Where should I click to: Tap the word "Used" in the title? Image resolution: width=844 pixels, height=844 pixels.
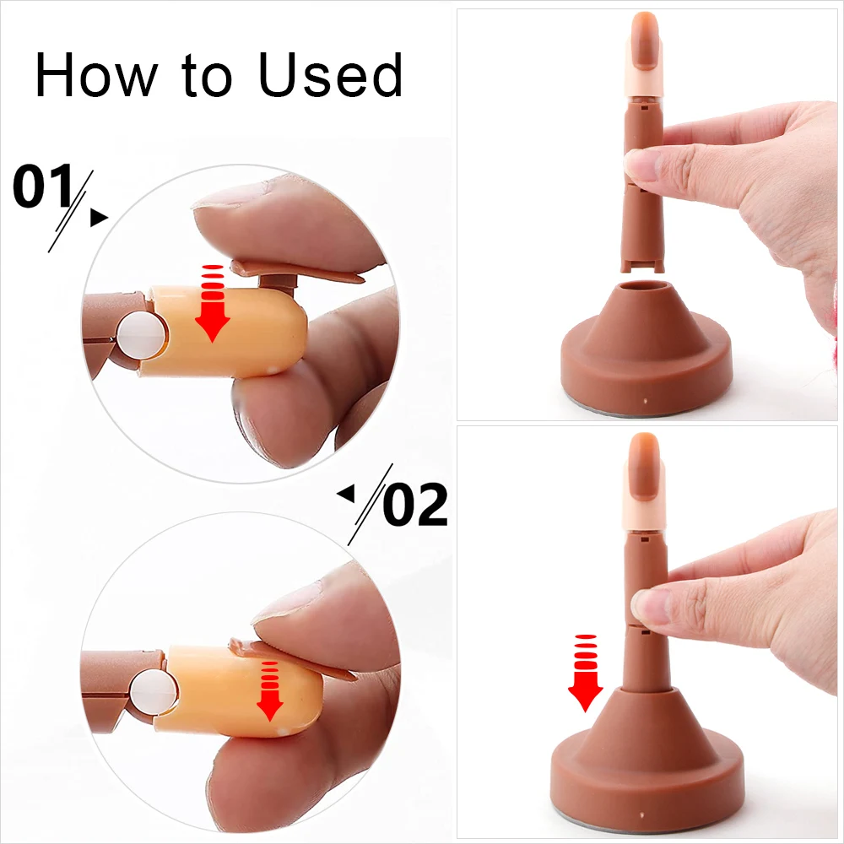[x=330, y=75]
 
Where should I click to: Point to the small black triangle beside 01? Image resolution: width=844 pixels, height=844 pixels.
[x=100, y=218]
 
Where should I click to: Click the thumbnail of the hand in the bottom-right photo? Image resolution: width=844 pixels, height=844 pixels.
[x=648, y=605]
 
